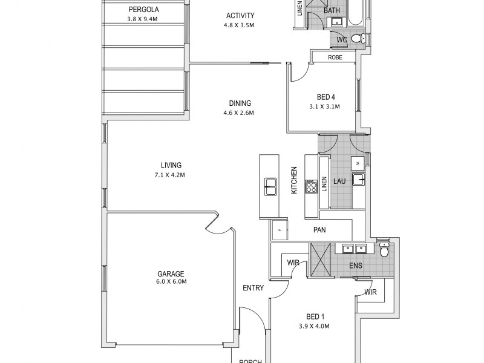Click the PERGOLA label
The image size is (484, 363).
(143, 10)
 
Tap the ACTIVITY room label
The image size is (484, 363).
(240, 16)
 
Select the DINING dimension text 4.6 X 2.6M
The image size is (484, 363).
(240, 113)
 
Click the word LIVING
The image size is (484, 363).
(171, 165)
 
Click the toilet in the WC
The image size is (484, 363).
(356, 40)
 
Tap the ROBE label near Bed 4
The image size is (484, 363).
(335, 57)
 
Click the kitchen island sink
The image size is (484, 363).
(269, 187)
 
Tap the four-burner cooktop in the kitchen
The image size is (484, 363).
(312, 186)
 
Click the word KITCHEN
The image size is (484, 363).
(294, 180)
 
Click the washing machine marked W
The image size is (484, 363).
(358, 163)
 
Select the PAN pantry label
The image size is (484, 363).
(320, 230)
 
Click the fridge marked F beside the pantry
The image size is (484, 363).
(280, 231)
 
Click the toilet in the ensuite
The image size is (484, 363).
(384, 251)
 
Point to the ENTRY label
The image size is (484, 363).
(253, 288)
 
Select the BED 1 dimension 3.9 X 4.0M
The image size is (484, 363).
(315, 326)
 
